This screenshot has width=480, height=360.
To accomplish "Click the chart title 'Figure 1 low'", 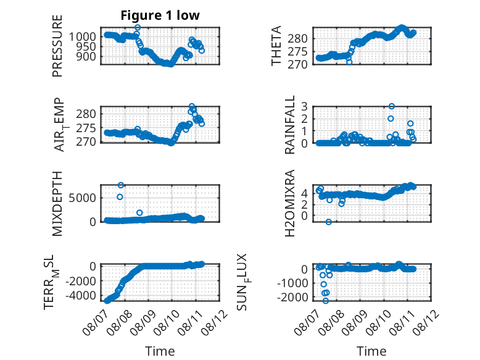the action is pyautogui.click(x=160, y=15).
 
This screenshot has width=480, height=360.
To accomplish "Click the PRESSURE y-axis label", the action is pyautogui.click(x=57, y=46).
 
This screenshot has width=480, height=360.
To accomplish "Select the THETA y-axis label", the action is pyautogui.click(x=276, y=46).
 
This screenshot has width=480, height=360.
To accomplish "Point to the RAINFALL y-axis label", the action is pyautogui.click(x=289, y=124).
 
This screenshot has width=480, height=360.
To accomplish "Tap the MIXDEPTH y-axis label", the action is pyautogui.click(x=57, y=204).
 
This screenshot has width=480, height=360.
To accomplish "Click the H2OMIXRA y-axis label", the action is pyautogui.click(x=289, y=203).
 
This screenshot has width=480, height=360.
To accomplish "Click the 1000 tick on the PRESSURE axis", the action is pyautogui.click(x=83, y=37).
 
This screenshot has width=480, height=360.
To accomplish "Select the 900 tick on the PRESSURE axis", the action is pyautogui.click(x=86, y=56).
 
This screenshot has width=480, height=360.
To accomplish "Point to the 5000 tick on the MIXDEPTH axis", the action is pyautogui.click(x=83, y=198).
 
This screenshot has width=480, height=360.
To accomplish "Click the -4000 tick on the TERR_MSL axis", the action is pyautogui.click(x=81, y=296).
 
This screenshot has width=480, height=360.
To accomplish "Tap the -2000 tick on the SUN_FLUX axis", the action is pyautogui.click(x=292, y=297).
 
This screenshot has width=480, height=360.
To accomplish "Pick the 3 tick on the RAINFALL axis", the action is pyautogui.click(x=305, y=106).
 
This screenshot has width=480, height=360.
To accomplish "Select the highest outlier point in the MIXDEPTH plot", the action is pyautogui.click(x=120, y=185).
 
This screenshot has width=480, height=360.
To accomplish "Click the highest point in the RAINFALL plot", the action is pyautogui.click(x=392, y=106).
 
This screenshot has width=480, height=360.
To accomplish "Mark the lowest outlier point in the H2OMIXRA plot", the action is pyautogui.click(x=328, y=222).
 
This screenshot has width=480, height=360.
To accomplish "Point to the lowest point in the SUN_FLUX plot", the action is pyautogui.click(x=326, y=301).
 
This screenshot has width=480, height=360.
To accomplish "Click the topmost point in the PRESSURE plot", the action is pyautogui.click(x=138, y=27).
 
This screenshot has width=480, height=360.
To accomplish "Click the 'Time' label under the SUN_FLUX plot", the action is pyautogui.click(x=371, y=351).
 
